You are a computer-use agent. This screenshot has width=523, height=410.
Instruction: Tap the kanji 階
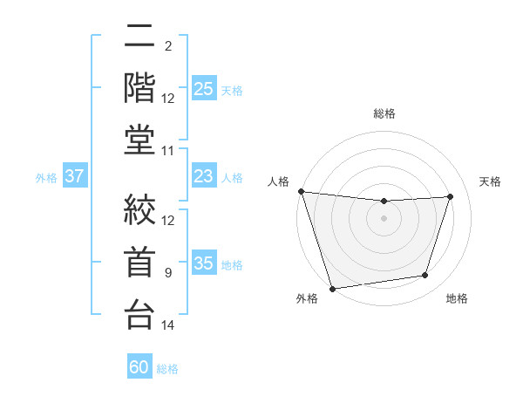[x=139, y=88]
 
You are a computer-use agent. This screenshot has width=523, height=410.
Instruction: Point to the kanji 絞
[x=139, y=210]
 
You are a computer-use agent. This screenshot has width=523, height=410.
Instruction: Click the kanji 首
[x=139, y=263]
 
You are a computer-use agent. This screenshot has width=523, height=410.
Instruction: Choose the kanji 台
[x=139, y=315]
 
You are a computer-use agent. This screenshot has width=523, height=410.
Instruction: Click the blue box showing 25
[x=203, y=89]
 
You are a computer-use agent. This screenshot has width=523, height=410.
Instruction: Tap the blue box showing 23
[x=203, y=177]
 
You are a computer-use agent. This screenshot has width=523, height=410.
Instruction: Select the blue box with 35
[x=203, y=264]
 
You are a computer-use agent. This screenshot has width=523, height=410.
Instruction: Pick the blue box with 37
[x=75, y=177]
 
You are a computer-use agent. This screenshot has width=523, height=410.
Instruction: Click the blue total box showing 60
[x=139, y=367]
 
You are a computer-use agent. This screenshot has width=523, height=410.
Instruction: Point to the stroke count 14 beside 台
[x=168, y=325]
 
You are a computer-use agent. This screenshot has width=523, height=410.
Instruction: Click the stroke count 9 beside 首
[x=168, y=273]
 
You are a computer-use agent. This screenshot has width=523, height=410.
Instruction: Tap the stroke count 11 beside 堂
[x=168, y=151]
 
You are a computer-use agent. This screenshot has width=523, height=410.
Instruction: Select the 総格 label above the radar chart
[x=384, y=113]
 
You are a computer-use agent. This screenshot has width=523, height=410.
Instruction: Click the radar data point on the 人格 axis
[x=301, y=191]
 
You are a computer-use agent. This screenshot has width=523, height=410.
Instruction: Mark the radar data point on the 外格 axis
[x=332, y=288]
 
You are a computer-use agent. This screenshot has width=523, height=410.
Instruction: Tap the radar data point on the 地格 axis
[x=425, y=276]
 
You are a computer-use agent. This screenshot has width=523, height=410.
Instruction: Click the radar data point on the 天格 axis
[x=450, y=196]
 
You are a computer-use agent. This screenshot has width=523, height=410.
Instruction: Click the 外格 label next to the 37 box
[x=46, y=178]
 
